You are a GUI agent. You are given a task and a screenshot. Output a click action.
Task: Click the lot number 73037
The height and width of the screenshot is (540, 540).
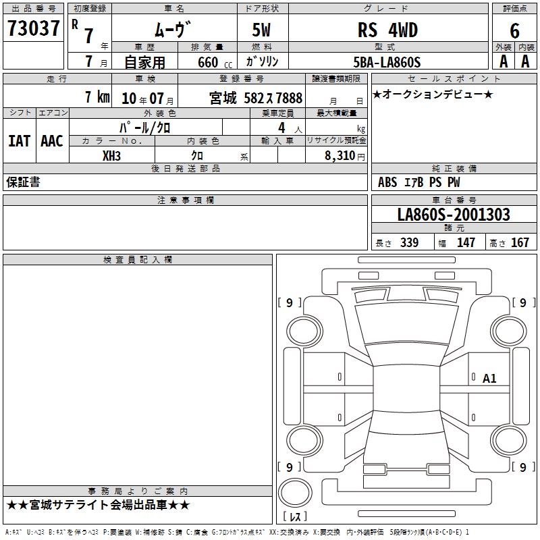tap(33, 28)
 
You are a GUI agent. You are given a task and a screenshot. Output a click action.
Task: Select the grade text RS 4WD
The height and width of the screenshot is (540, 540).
tap(387, 30)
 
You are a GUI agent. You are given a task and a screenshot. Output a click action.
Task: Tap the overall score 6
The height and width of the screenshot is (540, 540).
tap(514, 31)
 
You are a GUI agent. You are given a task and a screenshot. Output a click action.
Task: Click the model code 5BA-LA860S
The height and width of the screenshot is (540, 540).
tap(387, 62)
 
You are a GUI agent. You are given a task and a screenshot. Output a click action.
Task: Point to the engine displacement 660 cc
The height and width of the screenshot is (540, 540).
tap(215, 63)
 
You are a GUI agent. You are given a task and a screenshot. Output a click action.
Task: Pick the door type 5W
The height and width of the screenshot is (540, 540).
tap(261, 30)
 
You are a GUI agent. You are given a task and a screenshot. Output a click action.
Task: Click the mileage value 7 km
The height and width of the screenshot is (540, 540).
tap(97, 97)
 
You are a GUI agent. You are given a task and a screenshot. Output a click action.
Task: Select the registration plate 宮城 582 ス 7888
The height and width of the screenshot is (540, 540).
tap(256, 98)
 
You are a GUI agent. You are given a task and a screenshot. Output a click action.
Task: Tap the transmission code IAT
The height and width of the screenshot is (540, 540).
tap(19, 141)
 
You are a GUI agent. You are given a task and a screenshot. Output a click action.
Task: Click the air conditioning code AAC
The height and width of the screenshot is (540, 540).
tap(52, 141)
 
